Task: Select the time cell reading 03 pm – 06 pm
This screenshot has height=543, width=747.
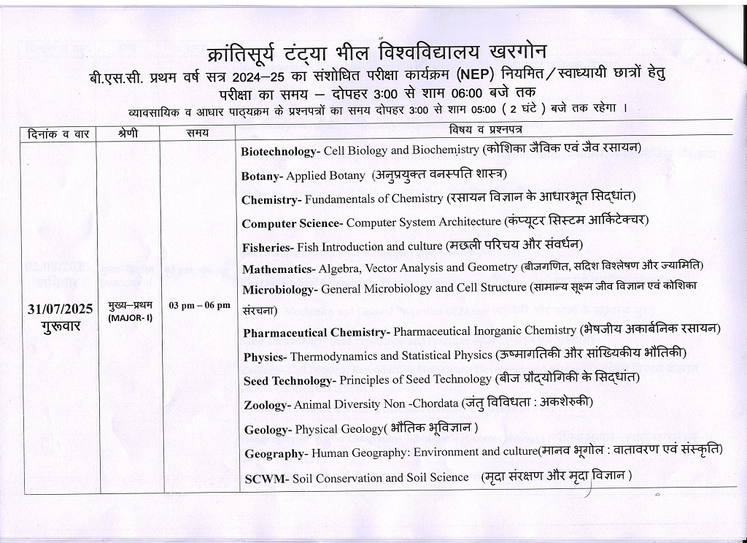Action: [x=199, y=304]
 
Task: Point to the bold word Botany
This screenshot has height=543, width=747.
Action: [x=261, y=176]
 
